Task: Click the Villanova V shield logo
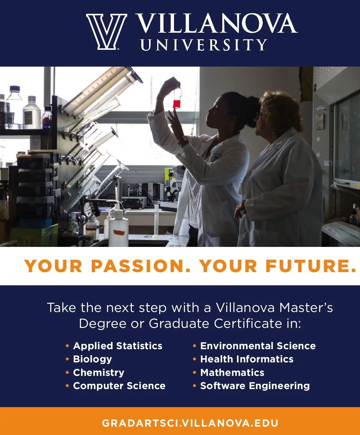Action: pos(106,32)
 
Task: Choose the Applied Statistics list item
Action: pos(118,346)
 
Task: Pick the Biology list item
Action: pos(92,359)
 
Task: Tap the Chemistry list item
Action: pos(98,373)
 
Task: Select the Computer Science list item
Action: pos(119,386)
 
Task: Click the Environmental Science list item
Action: pos(258,346)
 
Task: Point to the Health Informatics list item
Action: pos(247,359)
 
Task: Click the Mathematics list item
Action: pos(232,373)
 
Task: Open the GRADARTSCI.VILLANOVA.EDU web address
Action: pos(190,423)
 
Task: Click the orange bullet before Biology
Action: pos(67,359)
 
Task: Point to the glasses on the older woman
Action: pos(260,115)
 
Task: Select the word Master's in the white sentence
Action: pos(306,307)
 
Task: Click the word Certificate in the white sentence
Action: pos(248,324)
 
